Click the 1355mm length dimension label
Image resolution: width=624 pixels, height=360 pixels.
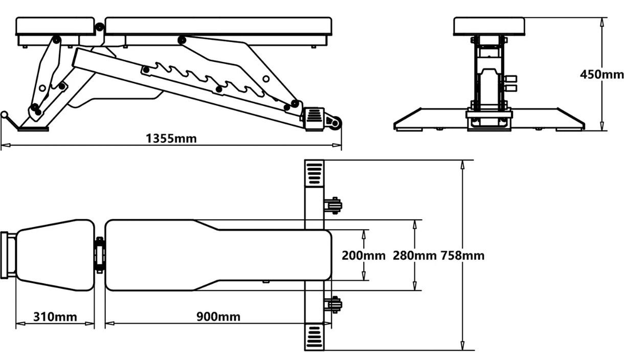(171, 138)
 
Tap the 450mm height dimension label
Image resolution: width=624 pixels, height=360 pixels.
(601, 75)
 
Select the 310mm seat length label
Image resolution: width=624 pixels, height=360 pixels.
(55, 317)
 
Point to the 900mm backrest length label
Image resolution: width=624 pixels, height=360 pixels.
(218, 317)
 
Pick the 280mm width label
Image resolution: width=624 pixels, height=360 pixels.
(414, 255)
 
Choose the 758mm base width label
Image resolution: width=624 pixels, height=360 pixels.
(462, 255)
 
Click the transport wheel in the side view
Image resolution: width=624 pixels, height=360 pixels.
(335, 123)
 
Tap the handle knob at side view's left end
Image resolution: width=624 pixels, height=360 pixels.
(5, 115)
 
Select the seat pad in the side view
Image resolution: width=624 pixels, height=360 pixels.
(55, 26)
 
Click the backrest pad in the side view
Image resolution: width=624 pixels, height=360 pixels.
(218, 26)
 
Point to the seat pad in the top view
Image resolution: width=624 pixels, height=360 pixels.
(54, 255)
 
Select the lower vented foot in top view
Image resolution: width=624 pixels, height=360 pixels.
(315, 336)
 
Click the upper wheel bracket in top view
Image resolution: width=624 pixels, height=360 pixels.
(333, 206)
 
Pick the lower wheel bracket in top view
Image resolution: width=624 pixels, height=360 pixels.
(333, 305)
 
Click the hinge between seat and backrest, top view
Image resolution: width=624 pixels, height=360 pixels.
(100, 255)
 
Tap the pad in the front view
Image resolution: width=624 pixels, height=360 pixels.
(489, 26)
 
